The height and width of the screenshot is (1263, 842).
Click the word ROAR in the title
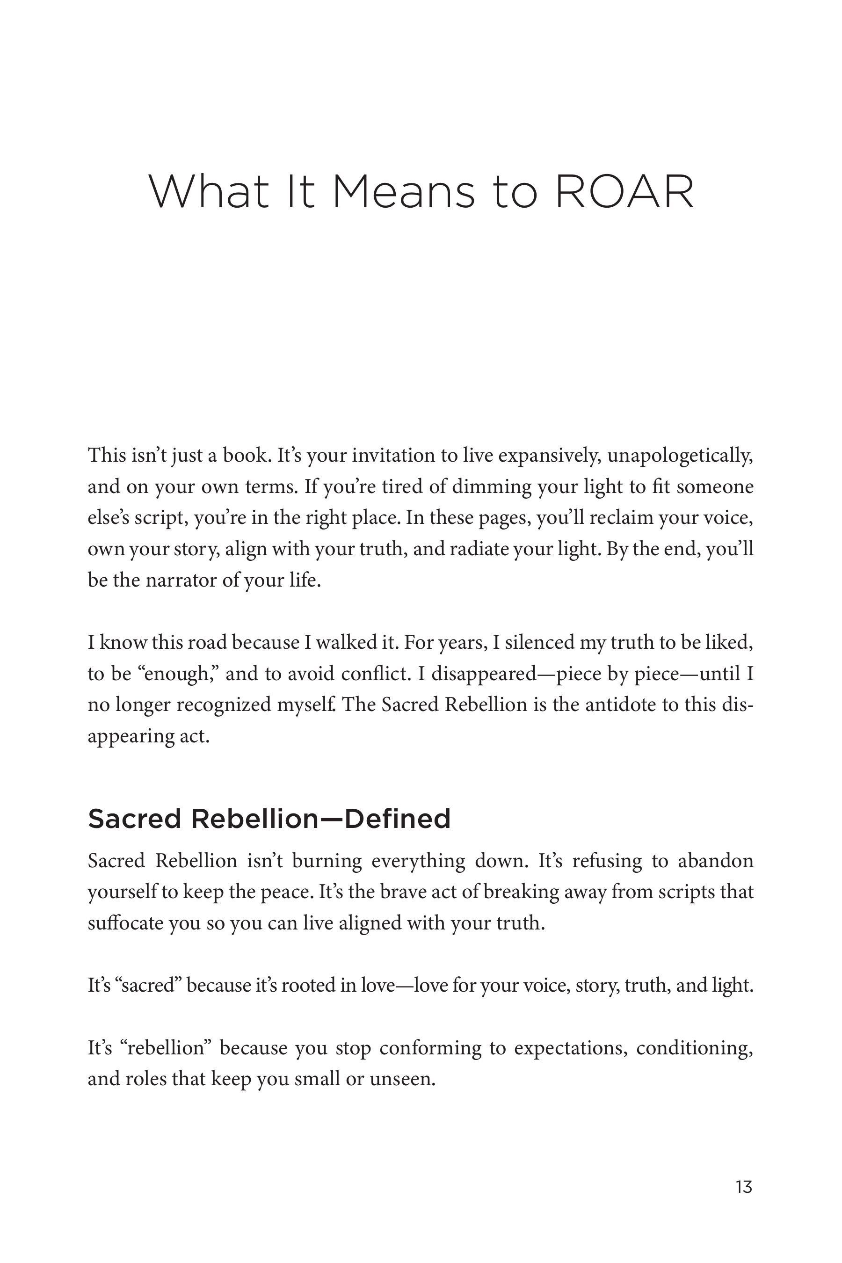point(624,192)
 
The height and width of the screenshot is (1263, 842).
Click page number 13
point(744,1186)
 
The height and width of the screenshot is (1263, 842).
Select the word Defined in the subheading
point(397,819)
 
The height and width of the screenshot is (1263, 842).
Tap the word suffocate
point(125,923)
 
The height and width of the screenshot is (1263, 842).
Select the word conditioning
point(694,1048)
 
